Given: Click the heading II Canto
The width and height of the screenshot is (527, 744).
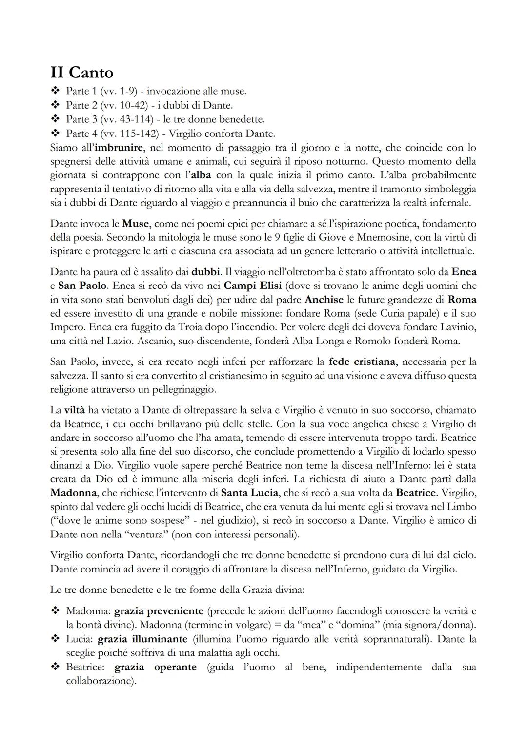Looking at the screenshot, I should [81, 73].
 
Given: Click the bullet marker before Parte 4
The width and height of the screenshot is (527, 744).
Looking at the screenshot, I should [55, 134].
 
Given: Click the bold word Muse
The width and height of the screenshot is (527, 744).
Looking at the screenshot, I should [135, 224].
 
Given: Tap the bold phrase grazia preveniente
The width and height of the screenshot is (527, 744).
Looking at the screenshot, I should [159, 611].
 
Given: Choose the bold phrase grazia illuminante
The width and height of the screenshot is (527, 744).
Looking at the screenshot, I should [142, 639].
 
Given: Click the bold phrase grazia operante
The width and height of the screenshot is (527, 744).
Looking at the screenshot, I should [155, 667].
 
